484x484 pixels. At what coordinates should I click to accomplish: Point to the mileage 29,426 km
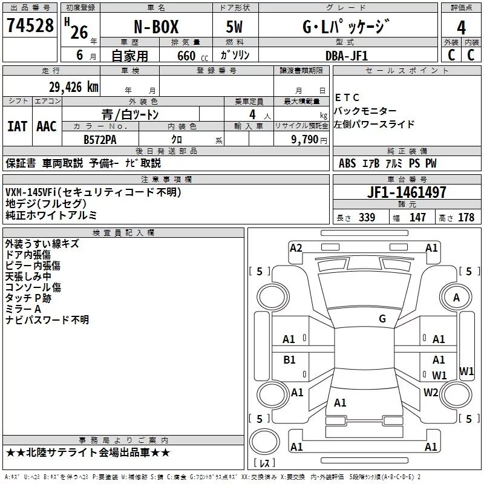[73, 87]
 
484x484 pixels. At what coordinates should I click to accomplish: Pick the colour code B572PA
[100, 139]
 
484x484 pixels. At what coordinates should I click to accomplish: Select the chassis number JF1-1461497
[407, 193]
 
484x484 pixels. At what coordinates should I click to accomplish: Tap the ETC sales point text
[347, 97]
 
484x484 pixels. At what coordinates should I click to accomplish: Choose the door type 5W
[234, 27]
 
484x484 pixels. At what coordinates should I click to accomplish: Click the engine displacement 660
[186, 56]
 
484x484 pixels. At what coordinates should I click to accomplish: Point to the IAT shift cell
[18, 126]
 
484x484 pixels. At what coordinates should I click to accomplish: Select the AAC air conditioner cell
[47, 126]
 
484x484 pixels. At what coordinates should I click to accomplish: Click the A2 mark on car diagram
[296, 247]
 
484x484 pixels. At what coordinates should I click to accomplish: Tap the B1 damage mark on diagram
[289, 360]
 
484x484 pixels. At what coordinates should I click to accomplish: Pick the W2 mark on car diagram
[431, 392]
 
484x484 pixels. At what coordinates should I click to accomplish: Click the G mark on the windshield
[382, 318]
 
